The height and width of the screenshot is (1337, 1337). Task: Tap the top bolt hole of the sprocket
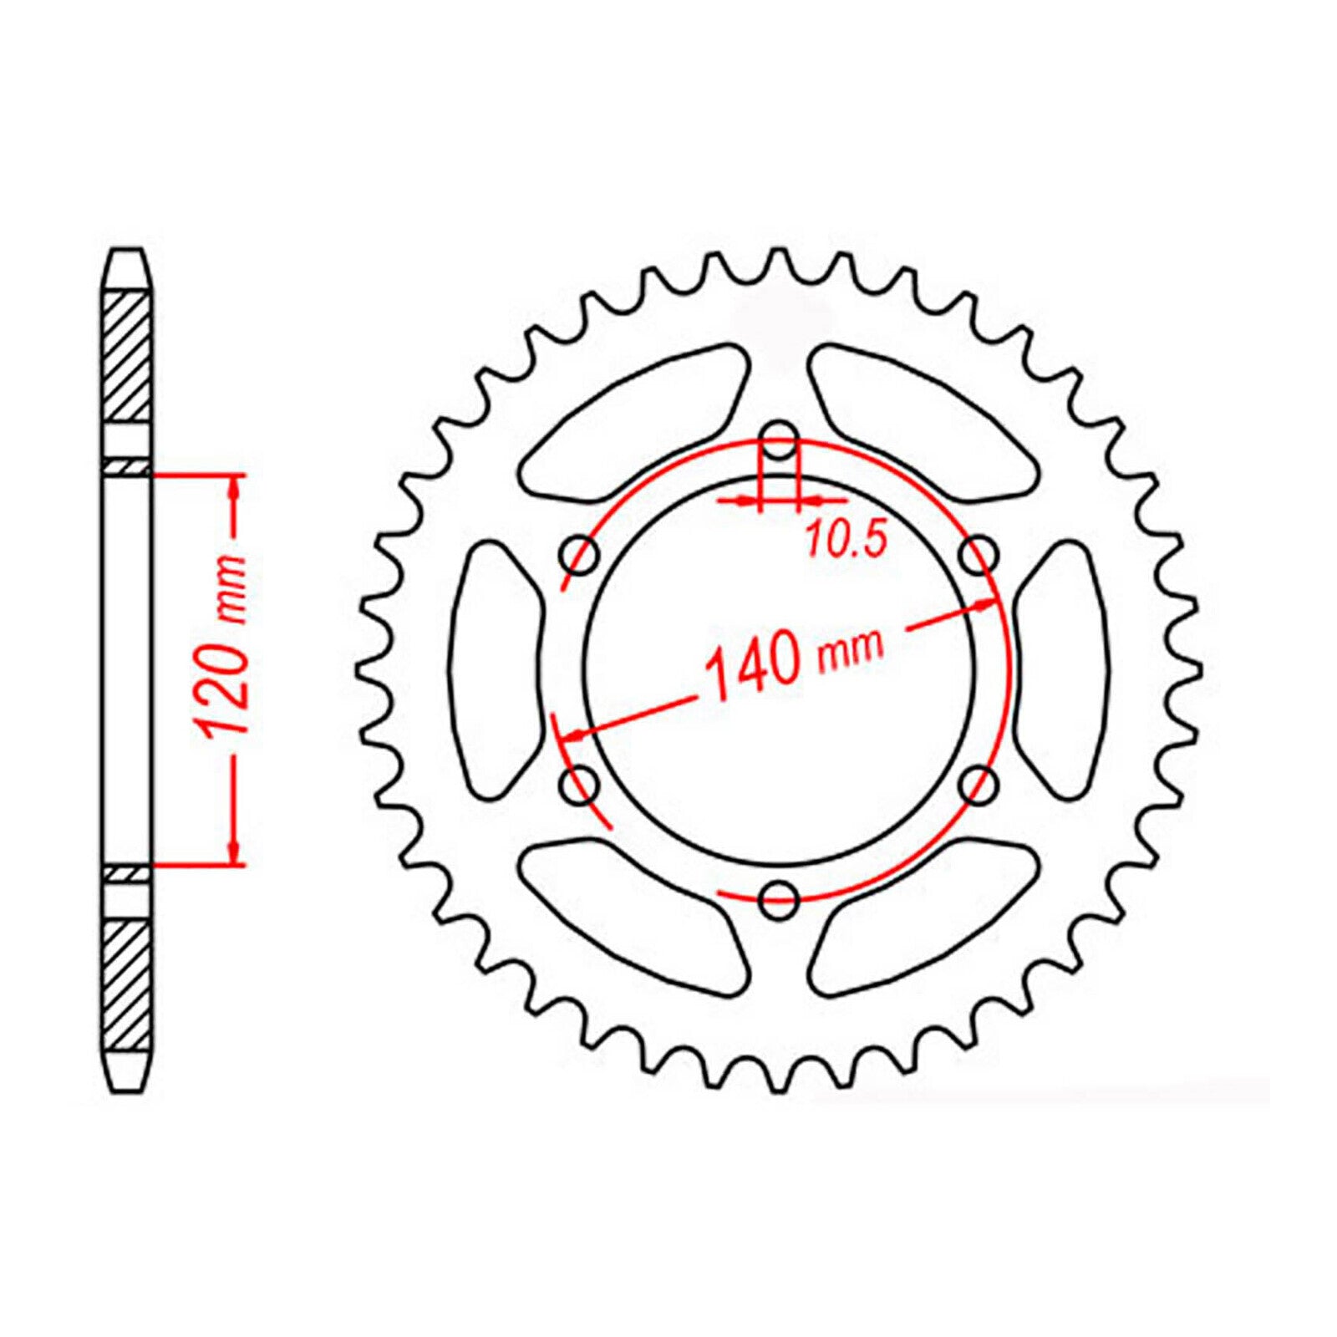coord(780,443)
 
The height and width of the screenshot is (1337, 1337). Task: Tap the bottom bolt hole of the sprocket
coord(780,896)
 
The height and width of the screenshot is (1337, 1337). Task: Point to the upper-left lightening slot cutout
coord(635,418)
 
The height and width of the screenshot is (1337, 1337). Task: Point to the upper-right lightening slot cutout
coord(923,418)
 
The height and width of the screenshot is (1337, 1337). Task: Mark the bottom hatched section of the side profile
coord(130,983)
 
